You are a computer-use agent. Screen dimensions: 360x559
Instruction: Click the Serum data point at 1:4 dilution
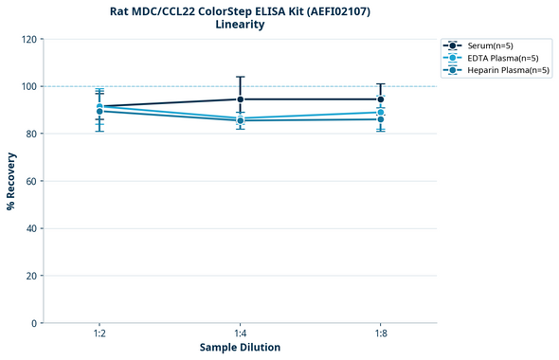241,99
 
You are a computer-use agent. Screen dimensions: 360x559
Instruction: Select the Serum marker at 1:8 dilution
381,99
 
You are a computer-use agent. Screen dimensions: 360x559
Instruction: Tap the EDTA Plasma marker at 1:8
381,113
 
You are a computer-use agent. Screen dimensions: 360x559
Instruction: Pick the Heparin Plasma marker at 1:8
381,119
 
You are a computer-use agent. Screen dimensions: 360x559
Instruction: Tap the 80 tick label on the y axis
30,134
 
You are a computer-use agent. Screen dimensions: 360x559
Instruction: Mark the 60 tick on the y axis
30,181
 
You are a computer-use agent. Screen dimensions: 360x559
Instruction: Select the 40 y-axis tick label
30,228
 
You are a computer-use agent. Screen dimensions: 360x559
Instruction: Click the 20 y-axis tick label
30,276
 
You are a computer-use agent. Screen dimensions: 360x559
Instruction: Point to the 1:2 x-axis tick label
99,333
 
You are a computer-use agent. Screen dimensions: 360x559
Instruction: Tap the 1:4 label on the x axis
241,333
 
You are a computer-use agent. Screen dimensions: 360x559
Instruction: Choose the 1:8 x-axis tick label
381,333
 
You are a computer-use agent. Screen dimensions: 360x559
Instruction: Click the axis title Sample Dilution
240,348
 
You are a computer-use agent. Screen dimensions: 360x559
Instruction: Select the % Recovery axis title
11,181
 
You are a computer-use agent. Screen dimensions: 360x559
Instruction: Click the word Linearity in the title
240,25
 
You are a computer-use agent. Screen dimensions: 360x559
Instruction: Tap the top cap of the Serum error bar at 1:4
241,77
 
